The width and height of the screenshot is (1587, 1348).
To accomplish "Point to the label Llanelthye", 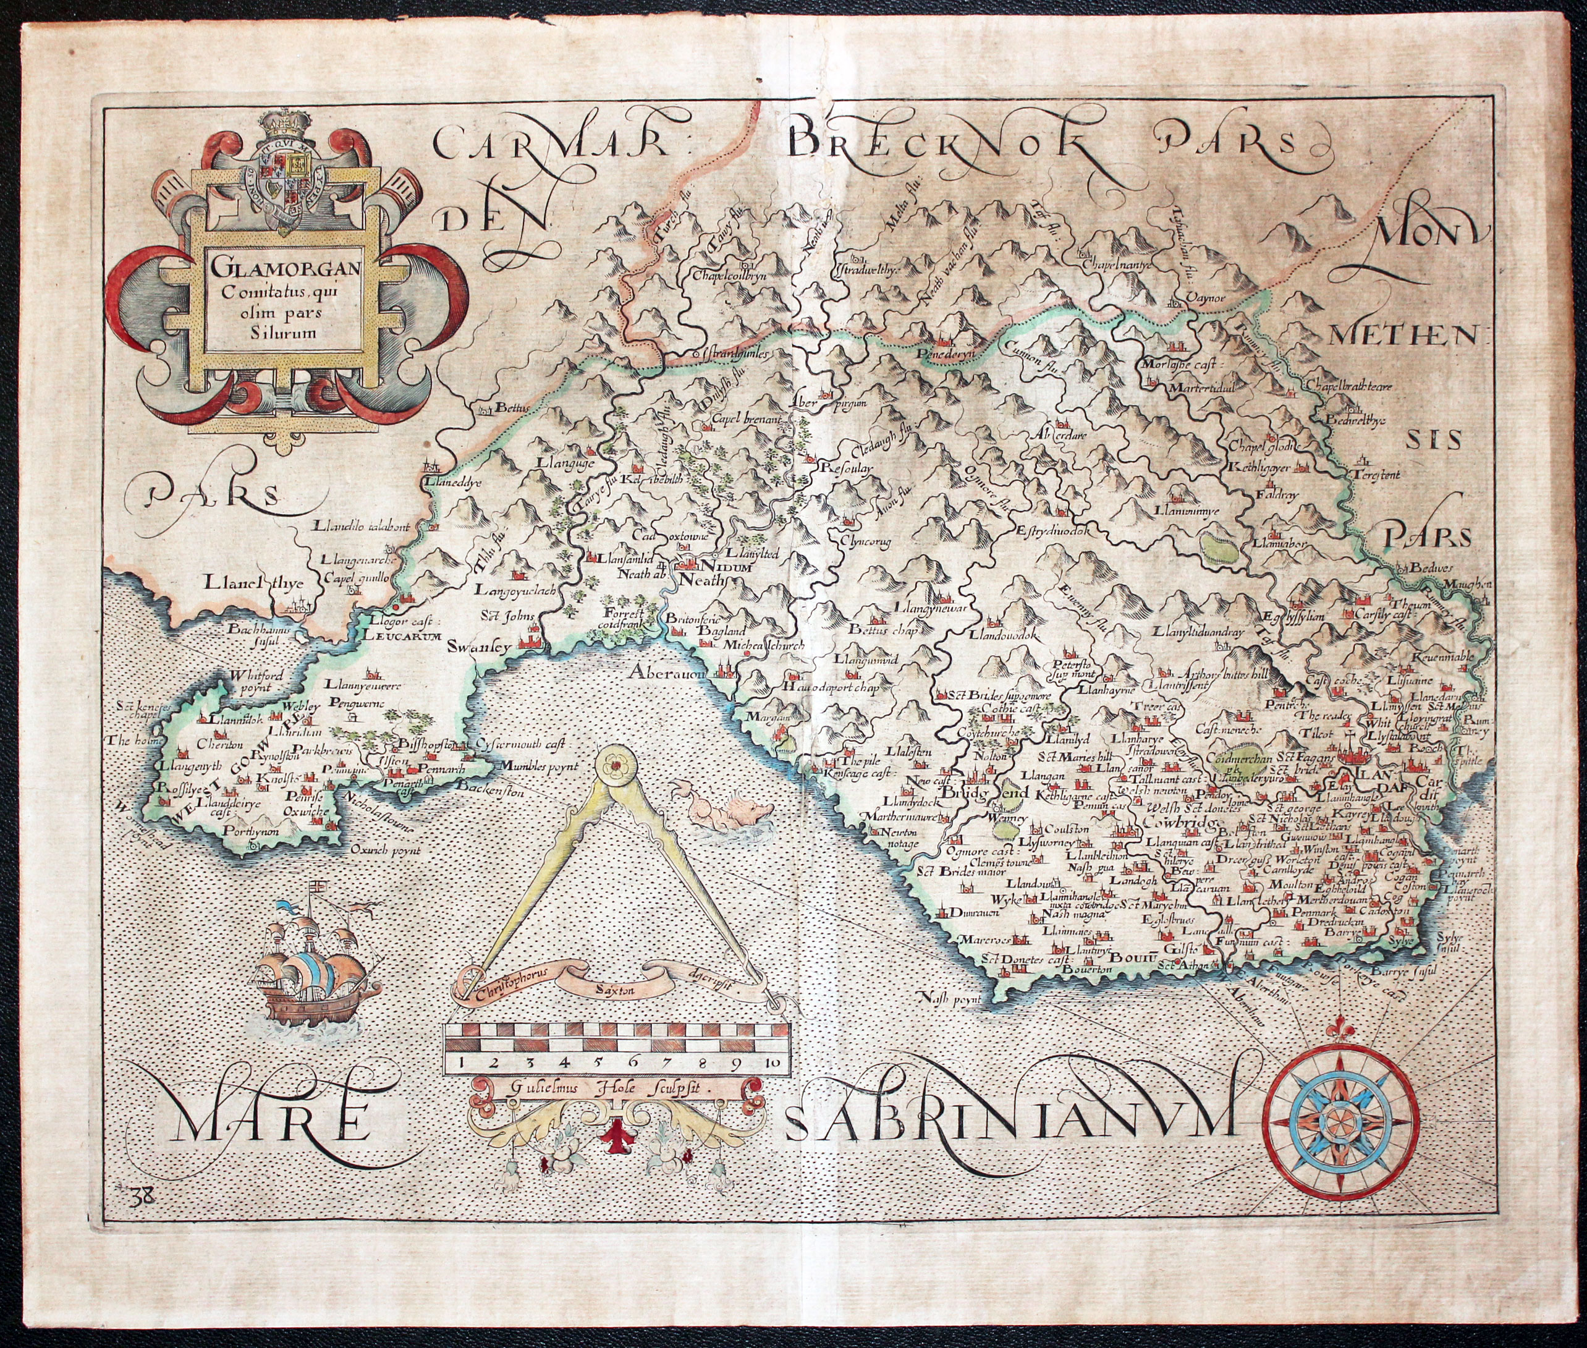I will click(255, 584).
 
